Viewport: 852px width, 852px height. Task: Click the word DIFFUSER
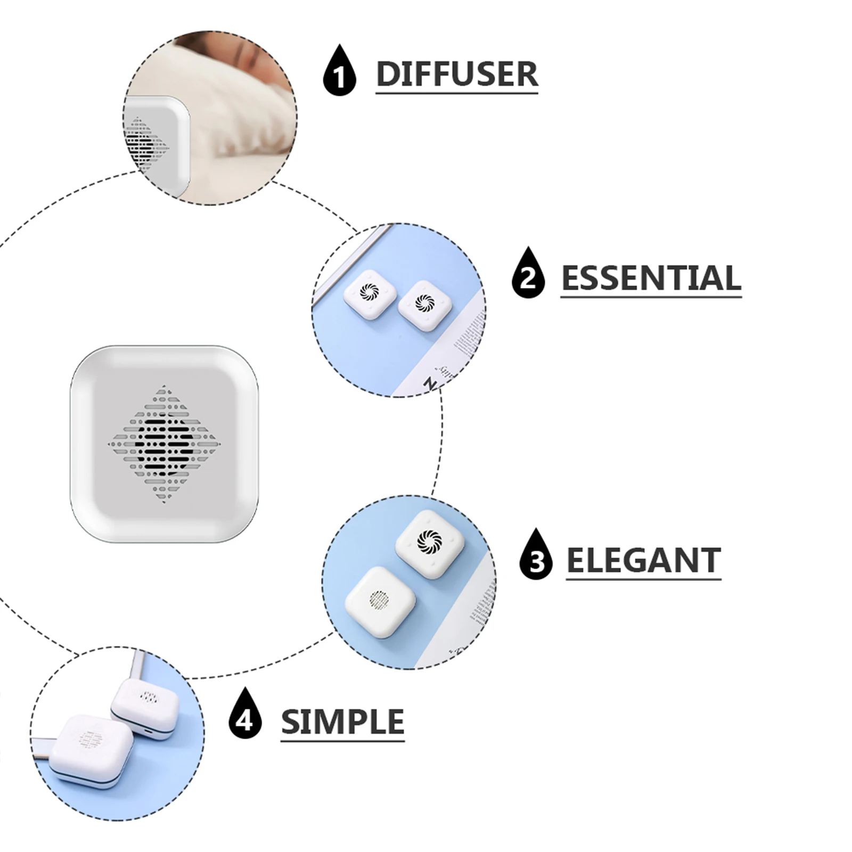(456, 74)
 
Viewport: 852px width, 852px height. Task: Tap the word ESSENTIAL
(651, 278)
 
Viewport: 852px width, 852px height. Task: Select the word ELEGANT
(643, 560)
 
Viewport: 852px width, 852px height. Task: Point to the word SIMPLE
(342, 722)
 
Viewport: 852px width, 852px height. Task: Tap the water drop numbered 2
(528, 274)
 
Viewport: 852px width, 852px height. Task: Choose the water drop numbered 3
(536, 556)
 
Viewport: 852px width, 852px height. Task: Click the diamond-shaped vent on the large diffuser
(164, 444)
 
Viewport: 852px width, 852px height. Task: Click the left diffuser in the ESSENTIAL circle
(370, 294)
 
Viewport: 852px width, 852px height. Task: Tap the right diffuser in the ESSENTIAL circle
(425, 306)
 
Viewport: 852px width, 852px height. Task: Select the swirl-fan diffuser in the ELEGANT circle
(430, 543)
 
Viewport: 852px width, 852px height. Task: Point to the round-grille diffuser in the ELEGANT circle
(380, 602)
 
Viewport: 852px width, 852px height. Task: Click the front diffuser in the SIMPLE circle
(92, 748)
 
